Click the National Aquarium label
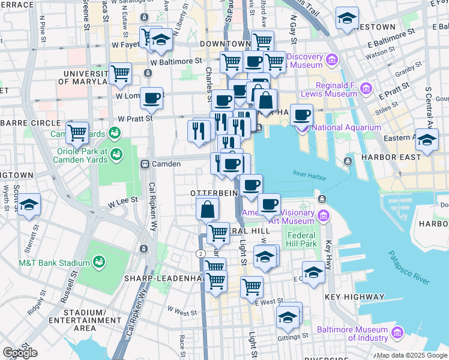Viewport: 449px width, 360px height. click(346, 127)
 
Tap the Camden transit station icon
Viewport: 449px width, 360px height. click(145, 164)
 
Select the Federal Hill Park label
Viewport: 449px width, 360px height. click(301, 239)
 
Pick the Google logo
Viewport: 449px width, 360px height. click(20, 353)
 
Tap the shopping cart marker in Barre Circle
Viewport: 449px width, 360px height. click(77, 132)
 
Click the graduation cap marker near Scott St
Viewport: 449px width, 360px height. click(29, 205)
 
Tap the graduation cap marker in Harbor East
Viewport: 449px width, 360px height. click(427, 140)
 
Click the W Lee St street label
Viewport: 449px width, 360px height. click(123, 202)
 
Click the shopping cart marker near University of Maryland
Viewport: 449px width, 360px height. click(121, 73)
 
